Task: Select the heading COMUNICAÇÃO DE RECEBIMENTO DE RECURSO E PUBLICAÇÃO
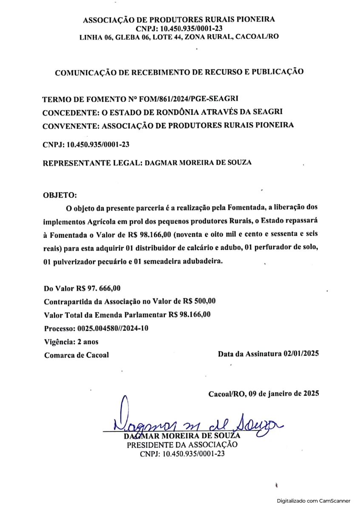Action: point(179,72)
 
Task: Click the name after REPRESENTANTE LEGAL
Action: point(198,162)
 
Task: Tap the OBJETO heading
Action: point(60,195)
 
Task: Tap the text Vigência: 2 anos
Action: point(71,341)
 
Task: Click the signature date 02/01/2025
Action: point(301,354)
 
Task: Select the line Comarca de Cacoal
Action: point(77,355)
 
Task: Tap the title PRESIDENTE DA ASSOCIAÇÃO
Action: point(182,445)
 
